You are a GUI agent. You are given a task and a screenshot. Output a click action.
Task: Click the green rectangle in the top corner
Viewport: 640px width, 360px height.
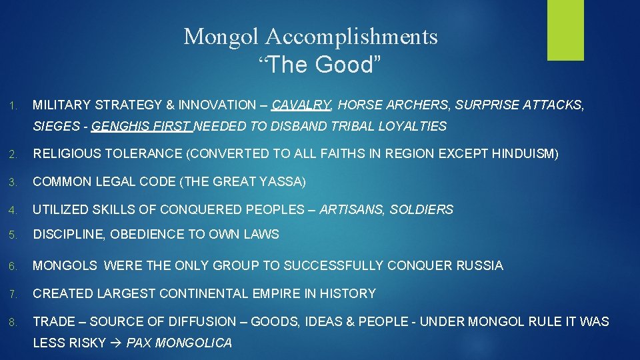(565, 30)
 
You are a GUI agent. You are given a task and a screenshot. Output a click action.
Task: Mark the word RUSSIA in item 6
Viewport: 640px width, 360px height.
(480, 265)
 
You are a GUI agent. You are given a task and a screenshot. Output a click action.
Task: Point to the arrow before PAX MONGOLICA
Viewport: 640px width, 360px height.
(116, 343)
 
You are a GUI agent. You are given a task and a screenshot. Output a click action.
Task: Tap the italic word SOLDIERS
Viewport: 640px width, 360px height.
(421, 209)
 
